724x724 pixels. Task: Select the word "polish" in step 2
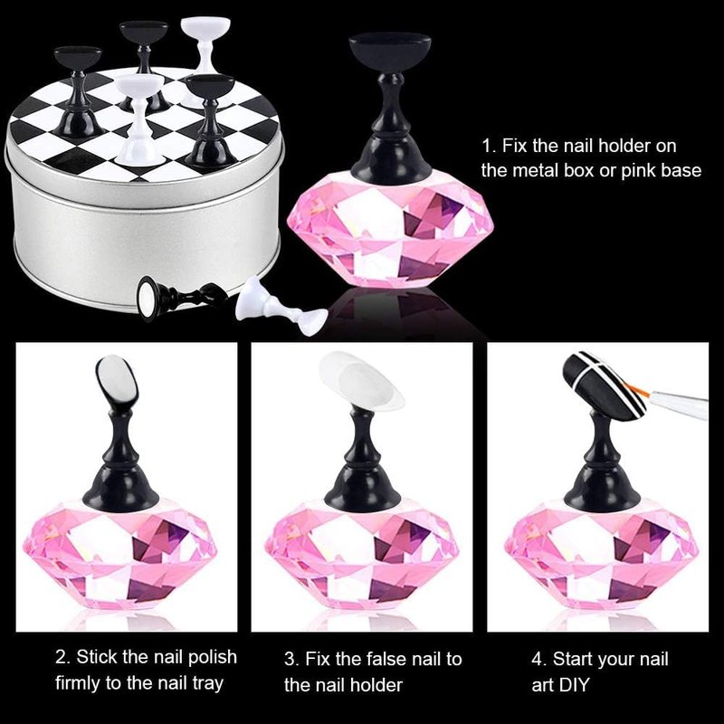(212, 658)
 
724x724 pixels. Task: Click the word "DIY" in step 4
(575, 685)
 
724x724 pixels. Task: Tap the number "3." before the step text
(291, 660)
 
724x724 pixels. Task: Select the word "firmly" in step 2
(78, 683)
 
